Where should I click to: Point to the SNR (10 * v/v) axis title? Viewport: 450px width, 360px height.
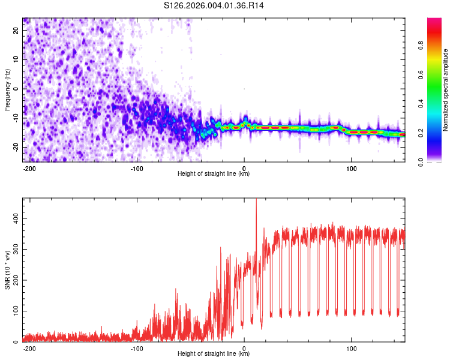pyautogui.click(x=7, y=270)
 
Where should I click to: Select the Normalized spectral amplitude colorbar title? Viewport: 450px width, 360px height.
pyautogui.click(x=446, y=90)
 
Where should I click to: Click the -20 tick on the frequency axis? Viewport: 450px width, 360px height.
pyautogui.click(x=16, y=147)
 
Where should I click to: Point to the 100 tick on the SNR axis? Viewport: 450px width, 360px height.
pyautogui.click(x=14, y=311)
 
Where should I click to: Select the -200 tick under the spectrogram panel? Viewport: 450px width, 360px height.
pyautogui.click(x=29, y=168)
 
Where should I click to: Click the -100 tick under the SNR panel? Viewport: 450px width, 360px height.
pyautogui.click(x=137, y=348)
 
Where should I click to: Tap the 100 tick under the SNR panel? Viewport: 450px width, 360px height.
pyautogui.click(x=352, y=348)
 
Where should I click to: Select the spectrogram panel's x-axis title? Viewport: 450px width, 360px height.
pyautogui.click(x=214, y=174)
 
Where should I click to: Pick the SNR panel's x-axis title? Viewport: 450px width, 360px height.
pyautogui.click(x=214, y=354)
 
